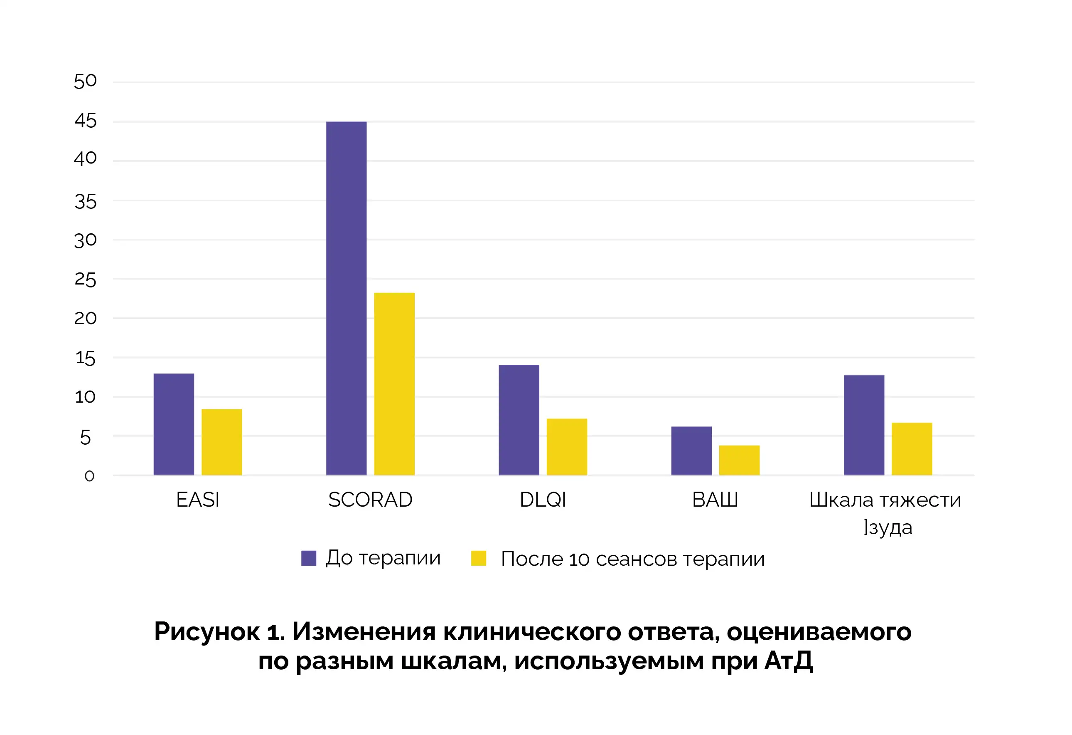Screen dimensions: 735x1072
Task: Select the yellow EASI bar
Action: (x=221, y=442)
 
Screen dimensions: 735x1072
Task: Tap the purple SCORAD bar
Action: (x=346, y=298)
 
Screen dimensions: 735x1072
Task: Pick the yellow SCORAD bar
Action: (x=394, y=384)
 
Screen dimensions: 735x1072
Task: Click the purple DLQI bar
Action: (x=519, y=420)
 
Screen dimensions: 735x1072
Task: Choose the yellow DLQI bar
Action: (x=566, y=446)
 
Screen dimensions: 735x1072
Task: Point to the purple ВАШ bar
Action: (x=691, y=450)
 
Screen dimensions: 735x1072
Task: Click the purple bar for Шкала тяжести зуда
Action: (x=863, y=425)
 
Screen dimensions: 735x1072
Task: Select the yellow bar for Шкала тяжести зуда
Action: (x=912, y=449)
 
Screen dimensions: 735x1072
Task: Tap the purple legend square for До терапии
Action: (x=309, y=558)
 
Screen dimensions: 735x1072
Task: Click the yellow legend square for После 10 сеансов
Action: (x=478, y=558)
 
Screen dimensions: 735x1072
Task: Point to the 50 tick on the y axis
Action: (x=85, y=81)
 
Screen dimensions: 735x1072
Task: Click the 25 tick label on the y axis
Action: (x=85, y=280)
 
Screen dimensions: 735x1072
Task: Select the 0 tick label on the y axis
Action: (x=89, y=476)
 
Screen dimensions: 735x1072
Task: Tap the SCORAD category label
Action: (x=370, y=500)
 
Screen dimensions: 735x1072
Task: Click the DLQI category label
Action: (x=543, y=500)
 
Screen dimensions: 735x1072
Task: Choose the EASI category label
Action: (x=197, y=500)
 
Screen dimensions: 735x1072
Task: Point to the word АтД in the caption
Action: (x=788, y=661)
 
